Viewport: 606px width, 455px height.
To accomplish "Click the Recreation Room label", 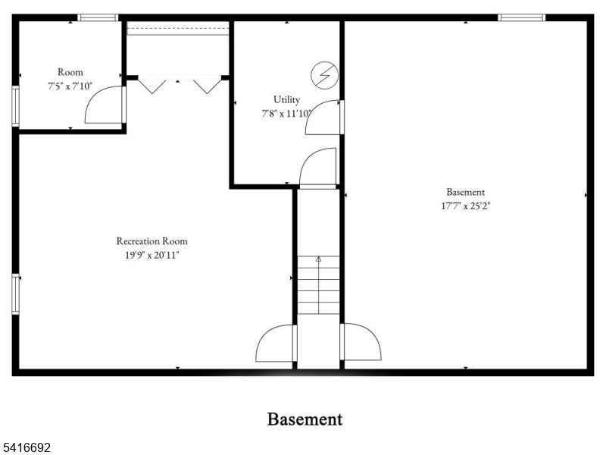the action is [152, 241].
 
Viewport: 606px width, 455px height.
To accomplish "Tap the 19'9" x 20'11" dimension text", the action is [152, 255].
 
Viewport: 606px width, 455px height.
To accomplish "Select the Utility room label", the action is [286, 100].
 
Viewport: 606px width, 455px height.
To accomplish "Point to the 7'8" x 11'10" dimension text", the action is [286, 114].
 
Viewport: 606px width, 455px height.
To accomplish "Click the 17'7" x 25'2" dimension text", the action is [465, 206].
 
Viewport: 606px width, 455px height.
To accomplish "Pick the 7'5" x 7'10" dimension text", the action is [70, 86].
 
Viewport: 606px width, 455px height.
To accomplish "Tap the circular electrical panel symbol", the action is [325, 75].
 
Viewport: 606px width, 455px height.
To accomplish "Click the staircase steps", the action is [318, 285].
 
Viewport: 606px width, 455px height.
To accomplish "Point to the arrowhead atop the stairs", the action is [318, 259].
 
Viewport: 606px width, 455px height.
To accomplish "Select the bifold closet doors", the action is [180, 85].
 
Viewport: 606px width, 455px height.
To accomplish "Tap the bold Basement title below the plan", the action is [305, 419].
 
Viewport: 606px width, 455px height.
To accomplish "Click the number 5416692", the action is [25, 447].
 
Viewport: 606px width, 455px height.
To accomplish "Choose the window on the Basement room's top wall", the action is [521, 17].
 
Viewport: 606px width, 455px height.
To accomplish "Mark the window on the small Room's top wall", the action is [98, 17].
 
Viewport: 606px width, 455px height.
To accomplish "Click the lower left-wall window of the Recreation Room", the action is [15, 294].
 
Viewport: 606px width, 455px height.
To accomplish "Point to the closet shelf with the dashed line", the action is [178, 28].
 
